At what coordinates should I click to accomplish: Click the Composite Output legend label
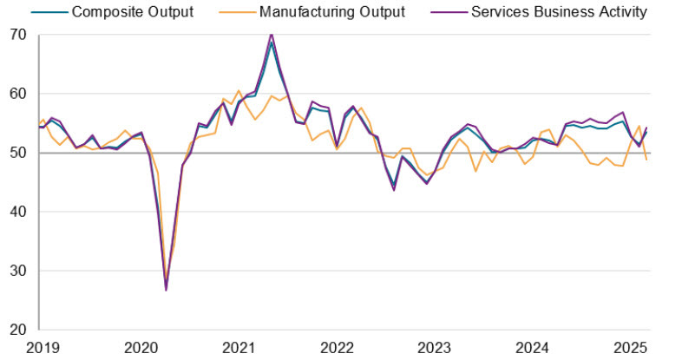tap(132, 12)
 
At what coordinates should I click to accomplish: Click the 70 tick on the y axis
tap(19, 35)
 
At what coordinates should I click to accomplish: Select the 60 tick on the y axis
tap(19, 94)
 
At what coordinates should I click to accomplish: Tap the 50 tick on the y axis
tap(19, 153)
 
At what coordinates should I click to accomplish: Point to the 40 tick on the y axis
tap(19, 212)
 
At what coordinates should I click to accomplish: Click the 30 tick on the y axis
tap(19, 271)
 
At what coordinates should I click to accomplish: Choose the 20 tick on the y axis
tap(19, 330)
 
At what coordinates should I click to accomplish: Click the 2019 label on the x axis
tap(42, 348)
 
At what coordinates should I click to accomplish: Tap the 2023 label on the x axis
tap(434, 348)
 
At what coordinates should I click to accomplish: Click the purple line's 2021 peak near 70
tap(272, 35)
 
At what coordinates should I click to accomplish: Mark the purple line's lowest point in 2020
tap(166, 289)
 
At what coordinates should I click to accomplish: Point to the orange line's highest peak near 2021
tap(239, 90)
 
